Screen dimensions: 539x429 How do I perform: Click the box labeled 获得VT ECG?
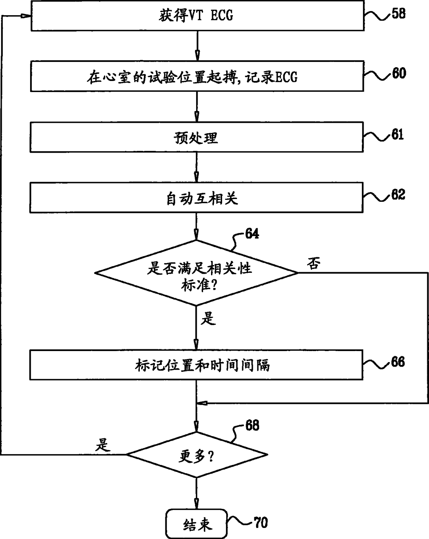coord(197,16)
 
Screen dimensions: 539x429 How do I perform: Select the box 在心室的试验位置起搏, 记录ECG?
coord(197,76)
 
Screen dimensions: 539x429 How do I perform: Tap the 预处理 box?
coord(196,137)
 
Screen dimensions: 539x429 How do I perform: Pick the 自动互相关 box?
coord(196,198)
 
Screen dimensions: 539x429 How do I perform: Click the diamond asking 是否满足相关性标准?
coord(196,273)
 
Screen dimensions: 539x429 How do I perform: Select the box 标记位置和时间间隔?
coord(196,365)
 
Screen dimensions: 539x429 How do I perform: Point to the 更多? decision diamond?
coord(197,455)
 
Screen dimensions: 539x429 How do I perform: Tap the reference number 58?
coord(398,14)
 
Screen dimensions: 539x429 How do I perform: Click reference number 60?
coord(399,73)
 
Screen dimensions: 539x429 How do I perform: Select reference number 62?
coord(398,194)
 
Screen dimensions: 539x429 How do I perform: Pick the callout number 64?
coord(252,234)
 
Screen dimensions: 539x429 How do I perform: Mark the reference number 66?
coord(398,362)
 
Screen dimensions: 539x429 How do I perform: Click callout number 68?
coord(252,425)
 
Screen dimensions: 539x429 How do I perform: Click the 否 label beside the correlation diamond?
coord(314,264)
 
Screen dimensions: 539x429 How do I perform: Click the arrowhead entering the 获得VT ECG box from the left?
coord(26,16)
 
